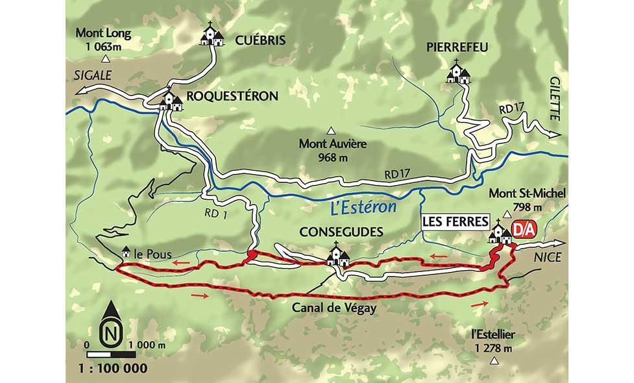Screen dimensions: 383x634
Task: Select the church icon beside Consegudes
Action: (336, 255)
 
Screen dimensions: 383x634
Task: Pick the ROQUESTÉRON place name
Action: (232, 96)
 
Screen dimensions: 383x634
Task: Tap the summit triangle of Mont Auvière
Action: (331, 130)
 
